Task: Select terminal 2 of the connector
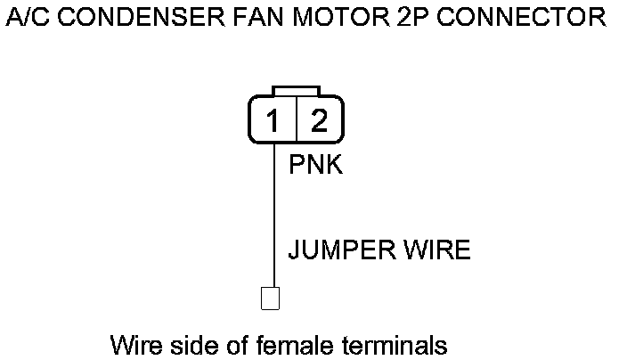click(x=318, y=120)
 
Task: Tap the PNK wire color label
click(x=315, y=166)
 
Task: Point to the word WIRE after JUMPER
click(x=438, y=250)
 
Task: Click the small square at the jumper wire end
click(x=270, y=298)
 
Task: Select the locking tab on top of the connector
click(x=297, y=91)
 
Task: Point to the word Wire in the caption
click(x=136, y=344)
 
